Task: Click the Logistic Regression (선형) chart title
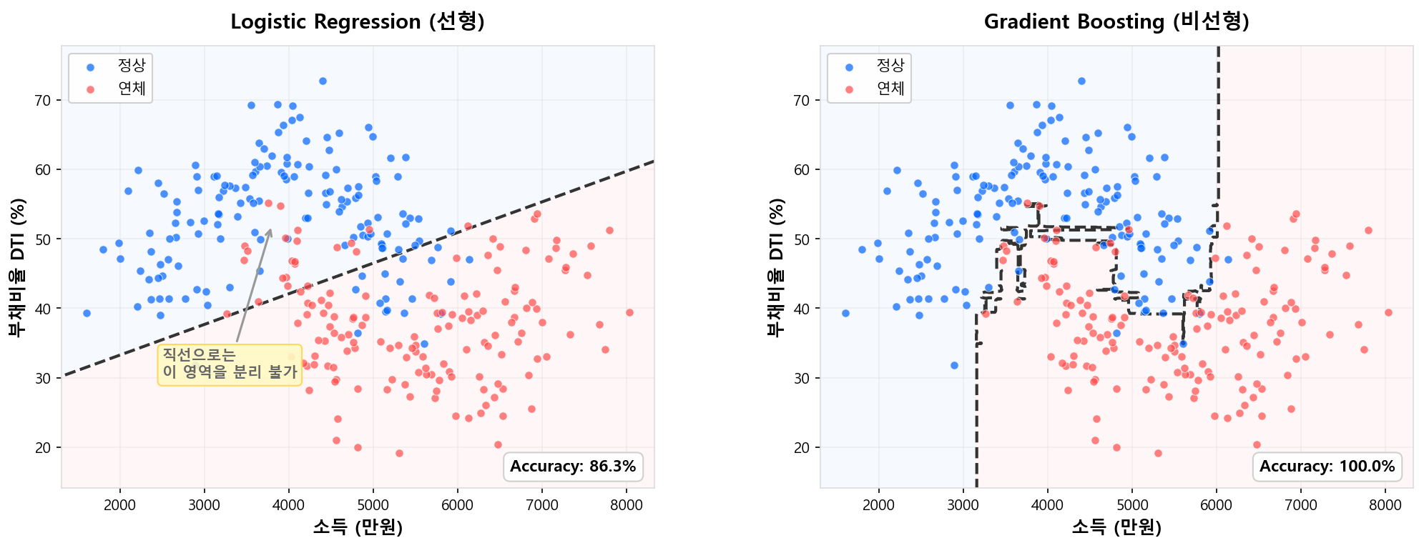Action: click(x=358, y=22)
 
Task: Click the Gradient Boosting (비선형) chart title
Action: click(x=1116, y=22)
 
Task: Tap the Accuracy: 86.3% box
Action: click(x=573, y=467)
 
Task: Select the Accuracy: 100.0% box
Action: click(x=1327, y=467)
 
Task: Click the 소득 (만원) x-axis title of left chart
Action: click(x=358, y=528)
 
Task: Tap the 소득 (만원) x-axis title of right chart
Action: click(x=1116, y=528)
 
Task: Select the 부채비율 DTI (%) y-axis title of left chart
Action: click(x=16, y=267)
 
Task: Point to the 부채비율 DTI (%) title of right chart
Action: click(x=775, y=267)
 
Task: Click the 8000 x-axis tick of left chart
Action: click(x=627, y=507)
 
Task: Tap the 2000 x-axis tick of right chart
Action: click(x=879, y=507)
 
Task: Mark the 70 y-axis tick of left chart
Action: click(x=44, y=101)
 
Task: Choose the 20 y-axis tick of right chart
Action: click(x=802, y=448)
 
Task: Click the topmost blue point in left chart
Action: click(x=323, y=81)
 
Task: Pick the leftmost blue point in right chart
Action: click(x=845, y=313)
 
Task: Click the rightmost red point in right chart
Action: click(x=1388, y=312)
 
